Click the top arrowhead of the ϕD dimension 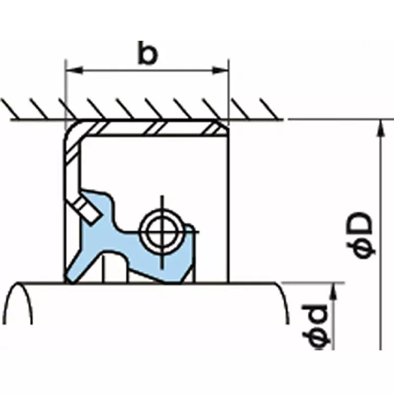point(380,127)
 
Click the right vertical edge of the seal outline point(229,207)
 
